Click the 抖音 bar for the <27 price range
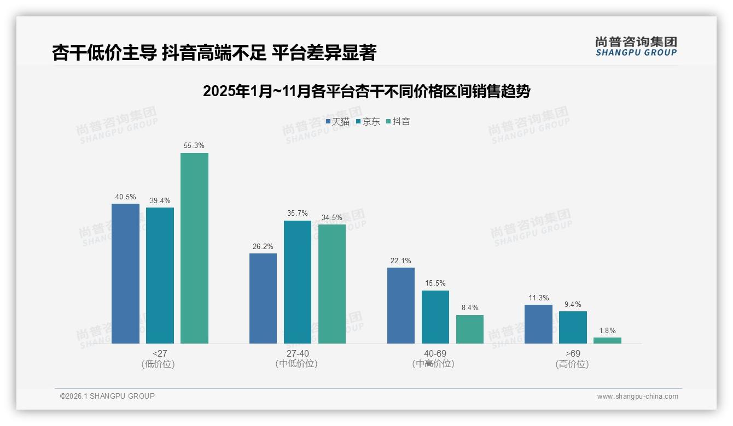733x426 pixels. (x=194, y=248)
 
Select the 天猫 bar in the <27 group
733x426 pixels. (x=125, y=274)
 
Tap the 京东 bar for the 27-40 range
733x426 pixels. (x=298, y=282)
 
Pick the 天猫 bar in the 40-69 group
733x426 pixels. (x=401, y=305)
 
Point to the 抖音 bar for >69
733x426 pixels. (x=607, y=340)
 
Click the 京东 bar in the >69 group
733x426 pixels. (x=573, y=327)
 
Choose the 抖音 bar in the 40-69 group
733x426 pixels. (x=470, y=329)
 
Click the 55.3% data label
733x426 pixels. (x=194, y=146)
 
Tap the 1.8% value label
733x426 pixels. (x=607, y=330)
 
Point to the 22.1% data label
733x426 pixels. (x=401, y=261)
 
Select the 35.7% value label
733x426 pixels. (x=298, y=214)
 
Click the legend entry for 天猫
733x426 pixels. (x=338, y=122)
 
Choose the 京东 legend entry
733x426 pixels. (x=368, y=122)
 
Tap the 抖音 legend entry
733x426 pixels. (x=398, y=122)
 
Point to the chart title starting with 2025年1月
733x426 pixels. (x=366, y=91)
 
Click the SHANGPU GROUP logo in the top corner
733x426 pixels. (x=636, y=46)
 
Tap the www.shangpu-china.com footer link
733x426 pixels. (x=637, y=396)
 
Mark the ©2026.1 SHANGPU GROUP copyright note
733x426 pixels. (x=107, y=396)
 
